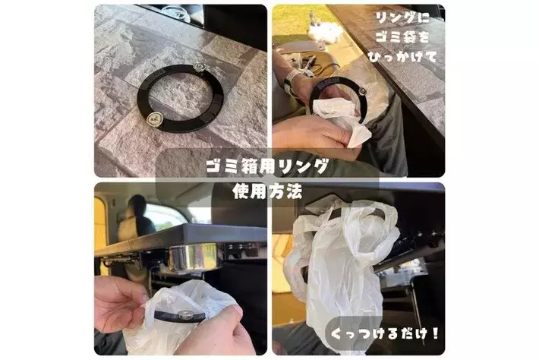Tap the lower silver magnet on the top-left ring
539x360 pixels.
tap(153, 120)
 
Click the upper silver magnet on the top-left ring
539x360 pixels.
tap(199, 67)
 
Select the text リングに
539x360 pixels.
tap(402, 18)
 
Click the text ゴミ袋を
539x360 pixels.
tap(402, 36)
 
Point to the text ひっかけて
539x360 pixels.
tap(402, 56)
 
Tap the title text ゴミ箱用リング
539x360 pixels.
tap(267, 167)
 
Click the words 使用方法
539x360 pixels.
tap(267, 191)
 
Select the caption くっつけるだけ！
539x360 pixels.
tap(385, 333)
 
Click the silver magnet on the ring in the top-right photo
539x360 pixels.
tap(362, 91)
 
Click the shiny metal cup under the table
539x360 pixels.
tap(193, 257)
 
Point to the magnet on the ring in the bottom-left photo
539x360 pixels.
tap(183, 314)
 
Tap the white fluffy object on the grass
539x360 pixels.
tap(325, 32)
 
